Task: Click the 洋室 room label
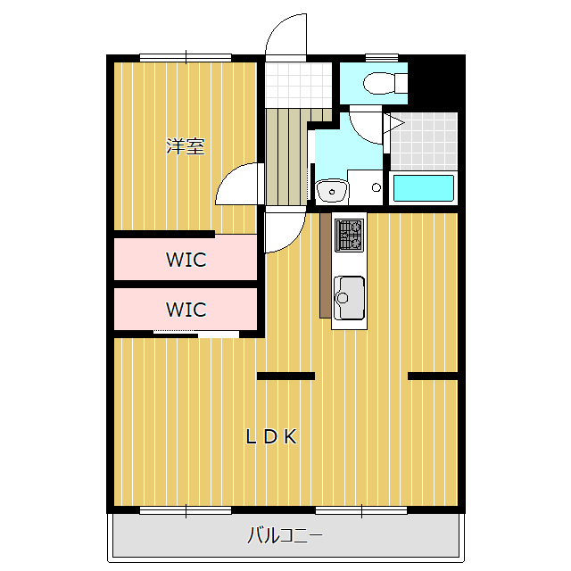pyautogui.click(x=186, y=146)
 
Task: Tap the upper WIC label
pyautogui.click(x=186, y=260)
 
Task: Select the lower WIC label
pyautogui.click(x=186, y=310)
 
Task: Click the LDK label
pyautogui.click(x=271, y=436)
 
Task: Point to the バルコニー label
pyautogui.click(x=285, y=535)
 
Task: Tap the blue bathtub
pyautogui.click(x=424, y=188)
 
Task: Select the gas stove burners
pyautogui.click(x=349, y=235)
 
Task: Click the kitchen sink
pyautogui.click(x=349, y=297)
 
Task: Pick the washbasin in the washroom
pyautogui.click(x=332, y=191)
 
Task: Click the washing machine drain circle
pyautogui.click(x=377, y=188)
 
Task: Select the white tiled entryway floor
pyautogui.click(x=298, y=85)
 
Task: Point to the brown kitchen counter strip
pyautogui.click(x=325, y=266)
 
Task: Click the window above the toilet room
pyautogui.click(x=382, y=58)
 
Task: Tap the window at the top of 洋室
pyautogui.click(x=186, y=58)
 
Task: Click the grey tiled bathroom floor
pyautogui.click(x=424, y=141)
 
